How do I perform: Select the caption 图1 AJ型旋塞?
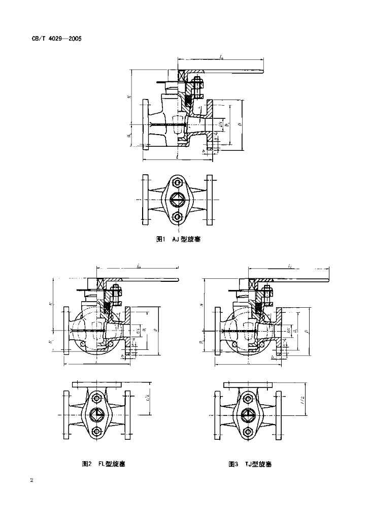(178, 239)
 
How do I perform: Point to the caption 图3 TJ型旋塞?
(250, 464)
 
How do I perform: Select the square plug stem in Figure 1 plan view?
(177, 200)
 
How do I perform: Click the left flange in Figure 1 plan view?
(146, 200)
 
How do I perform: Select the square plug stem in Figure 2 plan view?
(97, 415)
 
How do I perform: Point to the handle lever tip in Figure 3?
(330, 281)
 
